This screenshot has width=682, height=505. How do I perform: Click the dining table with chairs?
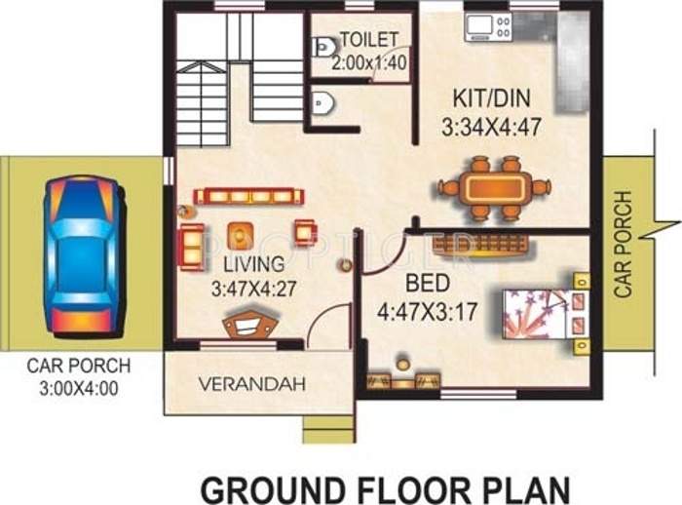(x=494, y=188)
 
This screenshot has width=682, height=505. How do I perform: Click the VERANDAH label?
(x=251, y=383)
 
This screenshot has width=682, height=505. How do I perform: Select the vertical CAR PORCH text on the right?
(x=624, y=244)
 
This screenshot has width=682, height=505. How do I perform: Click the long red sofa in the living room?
(x=244, y=197)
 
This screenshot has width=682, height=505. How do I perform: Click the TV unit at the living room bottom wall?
(x=248, y=327)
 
